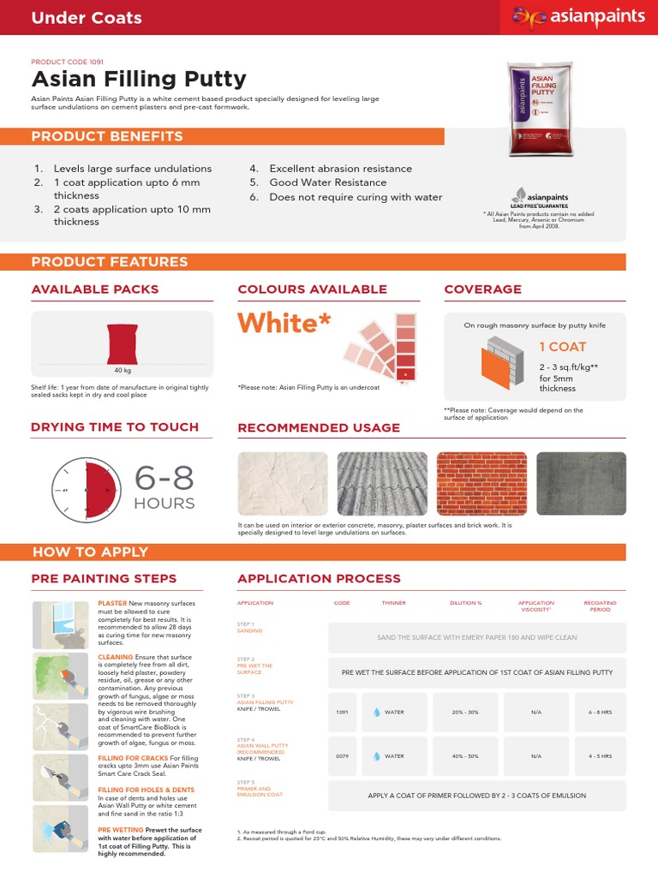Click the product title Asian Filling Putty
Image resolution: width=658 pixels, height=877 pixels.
click(x=139, y=80)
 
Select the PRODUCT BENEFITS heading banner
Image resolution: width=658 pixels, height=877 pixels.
click(x=107, y=136)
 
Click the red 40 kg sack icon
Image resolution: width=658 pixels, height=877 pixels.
click(x=123, y=343)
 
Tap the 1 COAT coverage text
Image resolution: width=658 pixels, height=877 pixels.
click(x=562, y=347)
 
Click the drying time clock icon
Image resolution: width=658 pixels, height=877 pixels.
click(x=86, y=490)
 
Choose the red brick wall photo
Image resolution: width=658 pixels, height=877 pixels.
click(x=481, y=484)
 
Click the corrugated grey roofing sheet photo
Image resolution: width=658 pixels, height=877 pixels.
click(x=382, y=484)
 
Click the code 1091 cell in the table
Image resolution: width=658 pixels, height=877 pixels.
click(x=342, y=713)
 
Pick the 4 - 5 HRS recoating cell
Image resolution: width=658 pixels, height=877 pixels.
click(x=600, y=756)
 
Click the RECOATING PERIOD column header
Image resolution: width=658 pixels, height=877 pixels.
click(x=600, y=606)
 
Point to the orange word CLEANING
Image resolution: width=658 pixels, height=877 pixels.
click(x=116, y=657)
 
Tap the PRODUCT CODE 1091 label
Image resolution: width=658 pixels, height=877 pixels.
click(x=67, y=63)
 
